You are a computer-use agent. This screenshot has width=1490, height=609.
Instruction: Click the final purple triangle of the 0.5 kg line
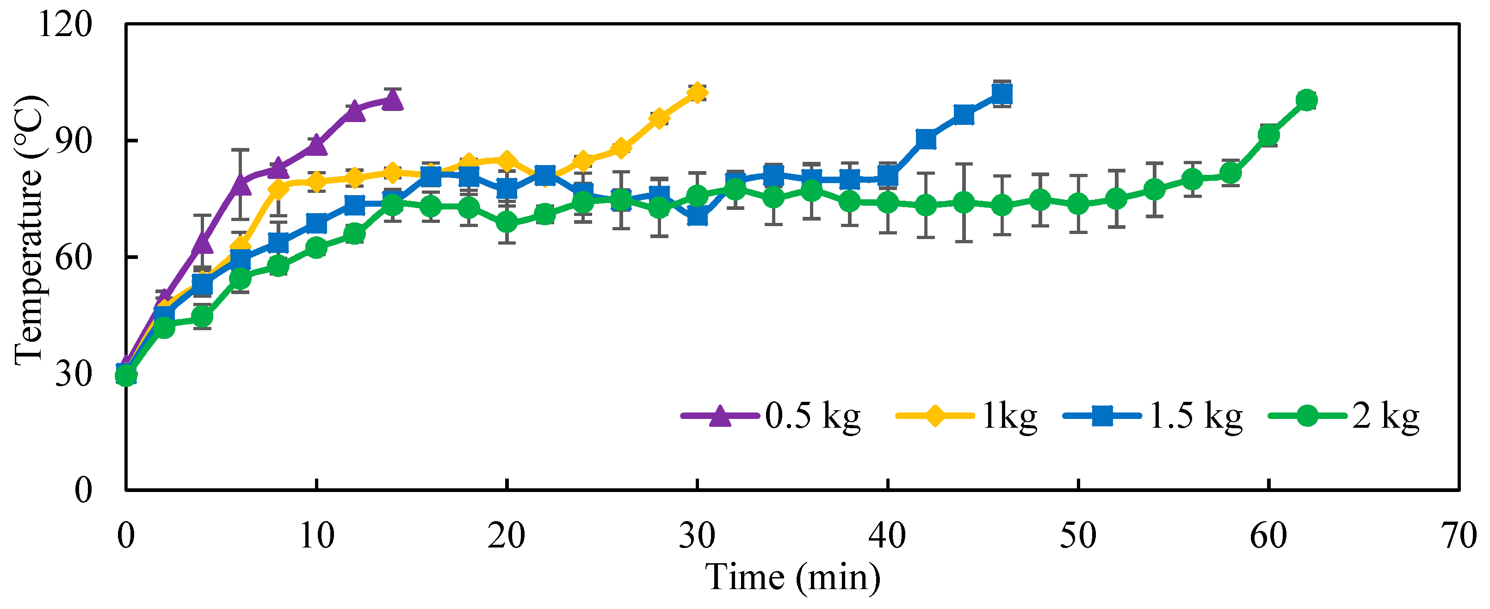pos(393,100)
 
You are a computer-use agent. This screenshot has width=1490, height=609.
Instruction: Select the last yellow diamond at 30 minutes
pos(698,92)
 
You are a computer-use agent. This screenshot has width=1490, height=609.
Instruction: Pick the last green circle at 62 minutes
pos(1306,100)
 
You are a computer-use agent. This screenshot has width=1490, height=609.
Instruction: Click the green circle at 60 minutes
pos(1268,136)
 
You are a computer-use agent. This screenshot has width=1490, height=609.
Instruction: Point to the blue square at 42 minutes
pos(926,139)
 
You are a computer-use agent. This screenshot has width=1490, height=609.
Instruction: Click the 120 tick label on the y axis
pos(65,25)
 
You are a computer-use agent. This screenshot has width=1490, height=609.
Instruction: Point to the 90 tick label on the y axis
pos(74,141)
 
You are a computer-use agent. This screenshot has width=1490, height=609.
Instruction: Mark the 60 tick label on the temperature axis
pos(74,258)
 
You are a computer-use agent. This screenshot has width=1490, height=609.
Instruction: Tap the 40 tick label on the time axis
pos(887,535)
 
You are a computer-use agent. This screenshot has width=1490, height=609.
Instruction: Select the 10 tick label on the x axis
pos(317,535)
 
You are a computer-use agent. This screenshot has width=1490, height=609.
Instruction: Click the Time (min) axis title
pos(792,577)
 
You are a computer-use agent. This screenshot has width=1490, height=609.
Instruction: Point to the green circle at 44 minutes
pos(964,203)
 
